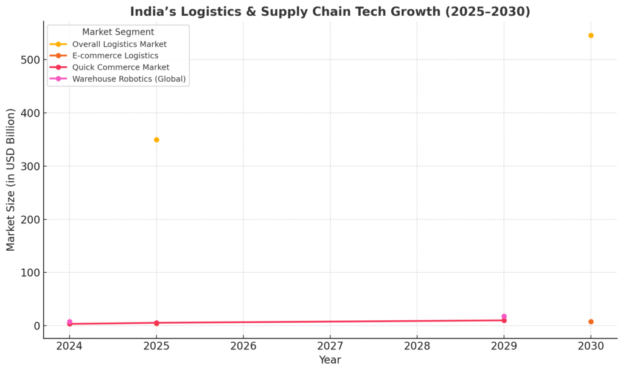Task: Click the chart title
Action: tap(330, 12)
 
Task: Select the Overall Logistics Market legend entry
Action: tap(119, 44)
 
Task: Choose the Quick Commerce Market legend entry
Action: tap(120, 68)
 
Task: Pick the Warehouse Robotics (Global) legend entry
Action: tap(129, 79)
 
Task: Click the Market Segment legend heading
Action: tap(118, 32)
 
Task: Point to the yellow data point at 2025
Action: tap(156, 140)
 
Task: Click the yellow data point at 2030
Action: tap(591, 35)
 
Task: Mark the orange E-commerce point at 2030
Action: tap(591, 321)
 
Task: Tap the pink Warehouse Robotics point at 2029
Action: tap(504, 316)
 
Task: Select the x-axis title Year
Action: tap(330, 360)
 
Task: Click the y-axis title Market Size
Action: tap(11, 180)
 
